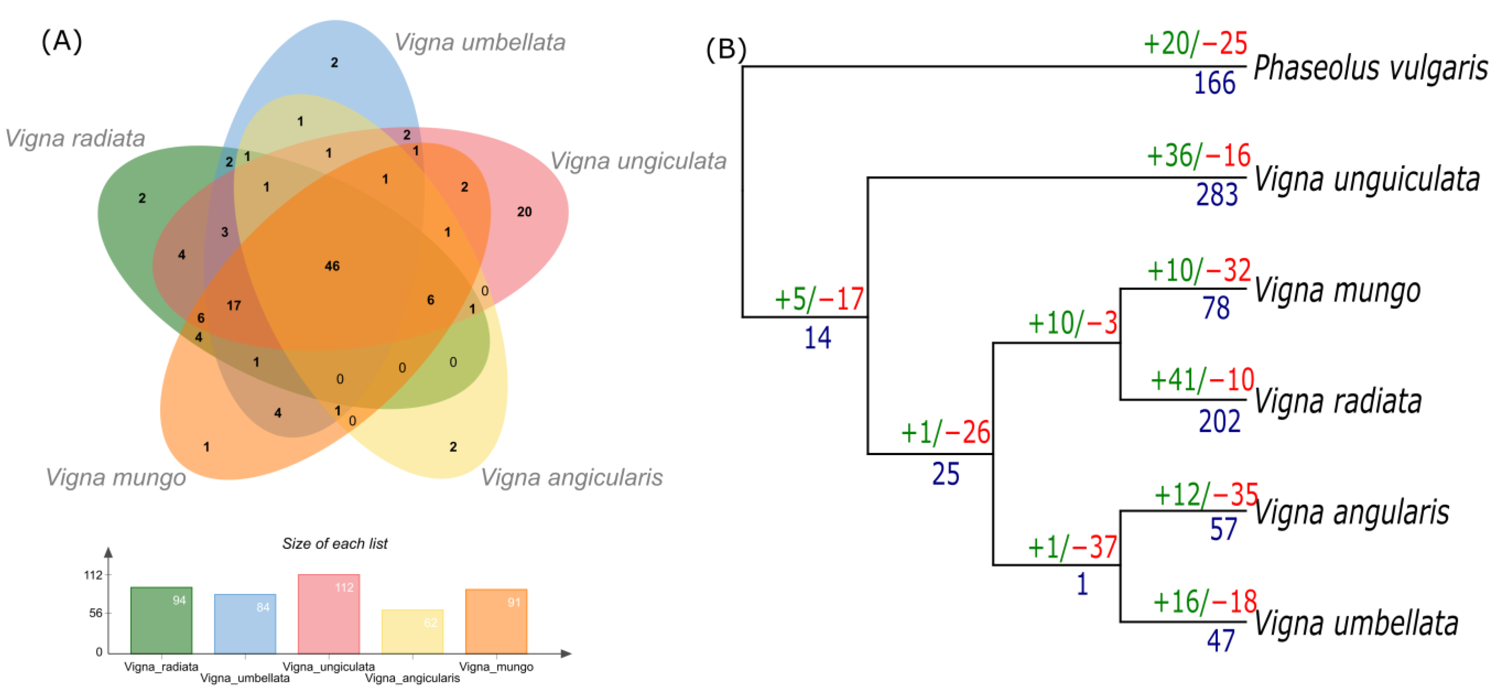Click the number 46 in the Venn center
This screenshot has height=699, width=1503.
pyautogui.click(x=332, y=266)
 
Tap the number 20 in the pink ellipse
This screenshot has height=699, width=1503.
pyautogui.click(x=524, y=212)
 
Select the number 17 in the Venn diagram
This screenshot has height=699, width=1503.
pyautogui.click(x=234, y=305)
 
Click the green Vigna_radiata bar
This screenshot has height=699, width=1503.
pyautogui.click(x=161, y=621)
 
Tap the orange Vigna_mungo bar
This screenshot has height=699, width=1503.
pyautogui.click(x=496, y=622)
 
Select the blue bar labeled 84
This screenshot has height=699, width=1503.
pyautogui.click(x=245, y=625)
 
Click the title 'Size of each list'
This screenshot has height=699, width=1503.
pyautogui.click(x=335, y=544)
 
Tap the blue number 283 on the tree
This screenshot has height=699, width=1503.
pyautogui.click(x=1216, y=195)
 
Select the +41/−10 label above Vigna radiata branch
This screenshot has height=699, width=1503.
pyautogui.click(x=1202, y=380)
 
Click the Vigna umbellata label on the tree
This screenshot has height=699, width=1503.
pyautogui.click(x=1356, y=623)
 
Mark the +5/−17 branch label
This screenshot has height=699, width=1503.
pyautogui.click(x=818, y=299)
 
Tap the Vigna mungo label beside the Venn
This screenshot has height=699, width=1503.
pyautogui.click(x=116, y=477)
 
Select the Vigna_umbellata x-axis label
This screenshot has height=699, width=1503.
pyautogui.click(x=245, y=678)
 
